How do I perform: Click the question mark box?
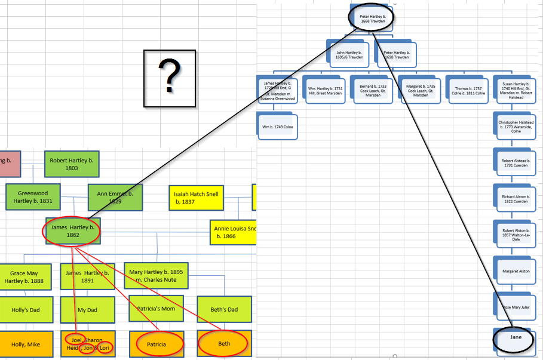tap(170, 78)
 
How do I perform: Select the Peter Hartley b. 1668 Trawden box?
tap(372, 18)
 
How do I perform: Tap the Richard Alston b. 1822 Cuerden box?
tap(516, 199)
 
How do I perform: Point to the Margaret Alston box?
tap(516, 271)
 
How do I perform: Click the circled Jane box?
tap(515, 338)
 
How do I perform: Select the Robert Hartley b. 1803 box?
tap(72, 164)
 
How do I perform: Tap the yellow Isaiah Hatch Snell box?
tap(196, 198)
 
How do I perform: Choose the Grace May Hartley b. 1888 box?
tap(26, 276)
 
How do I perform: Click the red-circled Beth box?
tap(223, 344)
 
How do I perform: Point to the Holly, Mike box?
tap(26, 344)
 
